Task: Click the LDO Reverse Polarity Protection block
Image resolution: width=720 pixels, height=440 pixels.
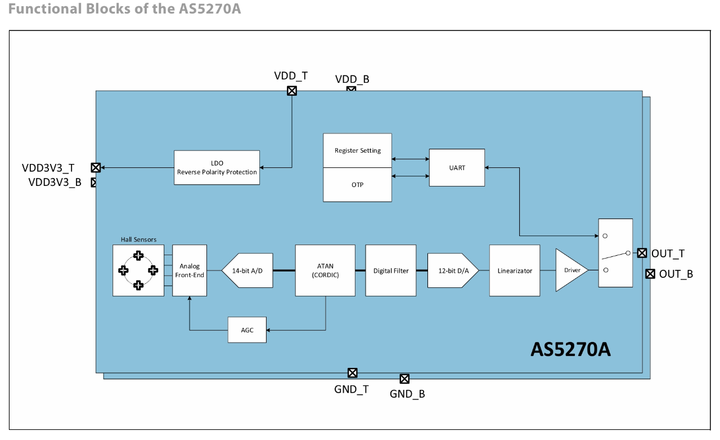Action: [217, 167]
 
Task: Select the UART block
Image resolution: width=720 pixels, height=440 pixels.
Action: [457, 167]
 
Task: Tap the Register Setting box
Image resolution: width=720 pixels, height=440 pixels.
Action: [357, 150]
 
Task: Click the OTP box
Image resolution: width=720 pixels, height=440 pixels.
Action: [357, 185]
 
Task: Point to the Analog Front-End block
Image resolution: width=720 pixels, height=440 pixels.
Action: [190, 270]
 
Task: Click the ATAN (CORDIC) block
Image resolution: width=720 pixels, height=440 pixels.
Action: [325, 270]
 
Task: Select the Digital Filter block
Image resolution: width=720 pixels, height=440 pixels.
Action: [391, 270]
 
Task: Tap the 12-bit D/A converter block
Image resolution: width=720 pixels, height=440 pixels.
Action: [452, 270]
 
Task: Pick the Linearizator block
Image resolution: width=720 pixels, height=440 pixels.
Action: [515, 270]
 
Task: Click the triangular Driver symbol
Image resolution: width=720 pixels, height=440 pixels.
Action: [569, 270]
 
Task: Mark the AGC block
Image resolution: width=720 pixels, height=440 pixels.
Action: [247, 330]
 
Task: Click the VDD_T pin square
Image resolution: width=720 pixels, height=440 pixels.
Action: [292, 91]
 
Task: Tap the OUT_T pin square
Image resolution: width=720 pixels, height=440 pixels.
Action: [642, 253]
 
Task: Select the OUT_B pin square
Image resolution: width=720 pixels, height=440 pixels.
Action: [650, 274]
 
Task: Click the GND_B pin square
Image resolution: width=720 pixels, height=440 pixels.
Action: [404, 379]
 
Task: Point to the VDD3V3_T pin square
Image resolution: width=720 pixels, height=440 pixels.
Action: [96, 167]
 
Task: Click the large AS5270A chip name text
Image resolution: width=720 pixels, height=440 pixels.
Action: [570, 349]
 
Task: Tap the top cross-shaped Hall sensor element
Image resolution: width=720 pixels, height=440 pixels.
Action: [138, 256]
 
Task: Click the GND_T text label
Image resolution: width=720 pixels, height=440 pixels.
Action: [352, 389]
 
